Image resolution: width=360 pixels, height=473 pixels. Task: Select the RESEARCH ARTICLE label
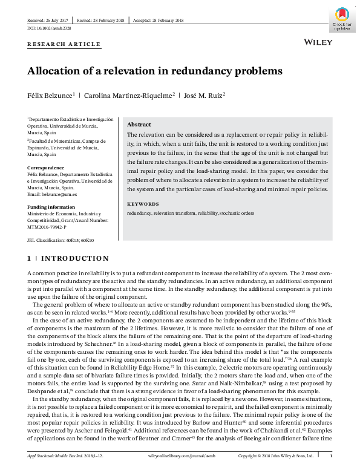64,44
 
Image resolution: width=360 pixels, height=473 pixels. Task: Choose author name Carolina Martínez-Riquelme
128,95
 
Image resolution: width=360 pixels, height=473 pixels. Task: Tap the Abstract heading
139,123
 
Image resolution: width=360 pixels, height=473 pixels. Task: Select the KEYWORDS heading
143,204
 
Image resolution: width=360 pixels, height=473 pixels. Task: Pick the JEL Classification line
61,240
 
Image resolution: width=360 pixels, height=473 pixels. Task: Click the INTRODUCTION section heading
68,258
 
